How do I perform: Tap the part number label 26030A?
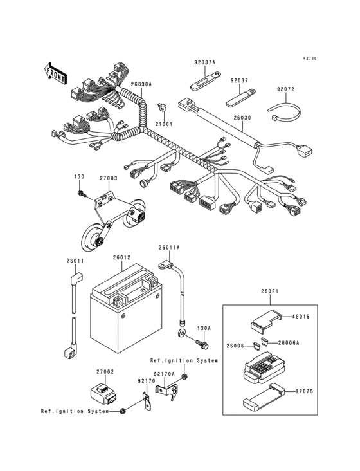pos(141,84)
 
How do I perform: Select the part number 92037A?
pos(205,63)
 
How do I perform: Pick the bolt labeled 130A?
pos(204,344)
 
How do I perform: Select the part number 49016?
pos(301,317)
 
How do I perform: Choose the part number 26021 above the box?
pos(270,291)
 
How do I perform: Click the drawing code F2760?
pos(311,59)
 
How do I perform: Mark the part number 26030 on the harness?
pos(242,118)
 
